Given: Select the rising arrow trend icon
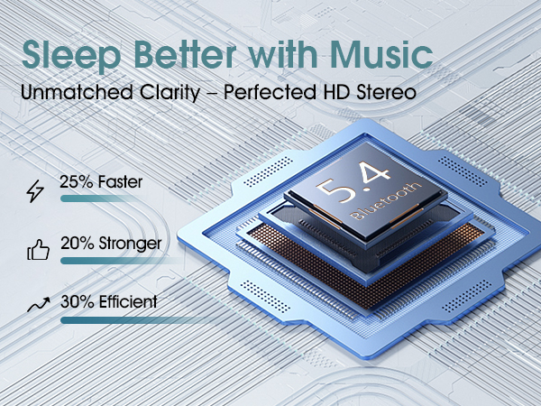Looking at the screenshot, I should tap(37, 306).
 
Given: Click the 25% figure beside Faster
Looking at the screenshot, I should tap(78, 183).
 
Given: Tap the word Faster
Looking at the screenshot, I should tap(121, 183).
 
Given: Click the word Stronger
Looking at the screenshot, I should tap(131, 243).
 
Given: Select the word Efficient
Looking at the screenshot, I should tap(128, 301).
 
